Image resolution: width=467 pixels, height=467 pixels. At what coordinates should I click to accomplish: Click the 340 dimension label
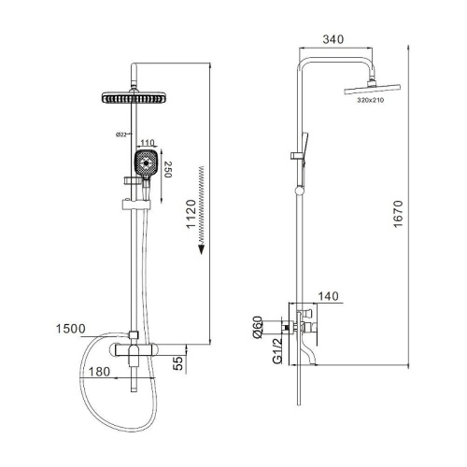click(333, 39)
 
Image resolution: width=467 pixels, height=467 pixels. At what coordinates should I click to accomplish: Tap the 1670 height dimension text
click(398, 214)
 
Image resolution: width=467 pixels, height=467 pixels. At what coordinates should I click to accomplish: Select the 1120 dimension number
click(191, 214)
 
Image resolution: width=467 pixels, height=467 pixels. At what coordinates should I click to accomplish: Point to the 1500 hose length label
click(70, 329)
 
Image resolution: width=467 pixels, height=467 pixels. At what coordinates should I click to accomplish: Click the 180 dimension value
click(99, 372)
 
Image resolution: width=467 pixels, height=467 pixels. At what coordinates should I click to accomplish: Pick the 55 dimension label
click(177, 363)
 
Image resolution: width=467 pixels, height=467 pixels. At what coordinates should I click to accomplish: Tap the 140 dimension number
click(328, 296)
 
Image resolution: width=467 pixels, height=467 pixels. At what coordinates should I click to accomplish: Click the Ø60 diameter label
click(257, 327)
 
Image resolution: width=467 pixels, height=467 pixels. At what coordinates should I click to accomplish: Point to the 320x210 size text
click(371, 100)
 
